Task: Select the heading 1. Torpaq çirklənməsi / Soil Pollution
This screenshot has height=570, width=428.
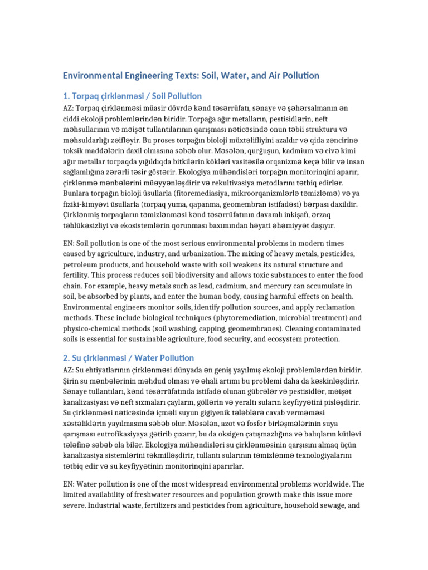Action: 132,96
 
